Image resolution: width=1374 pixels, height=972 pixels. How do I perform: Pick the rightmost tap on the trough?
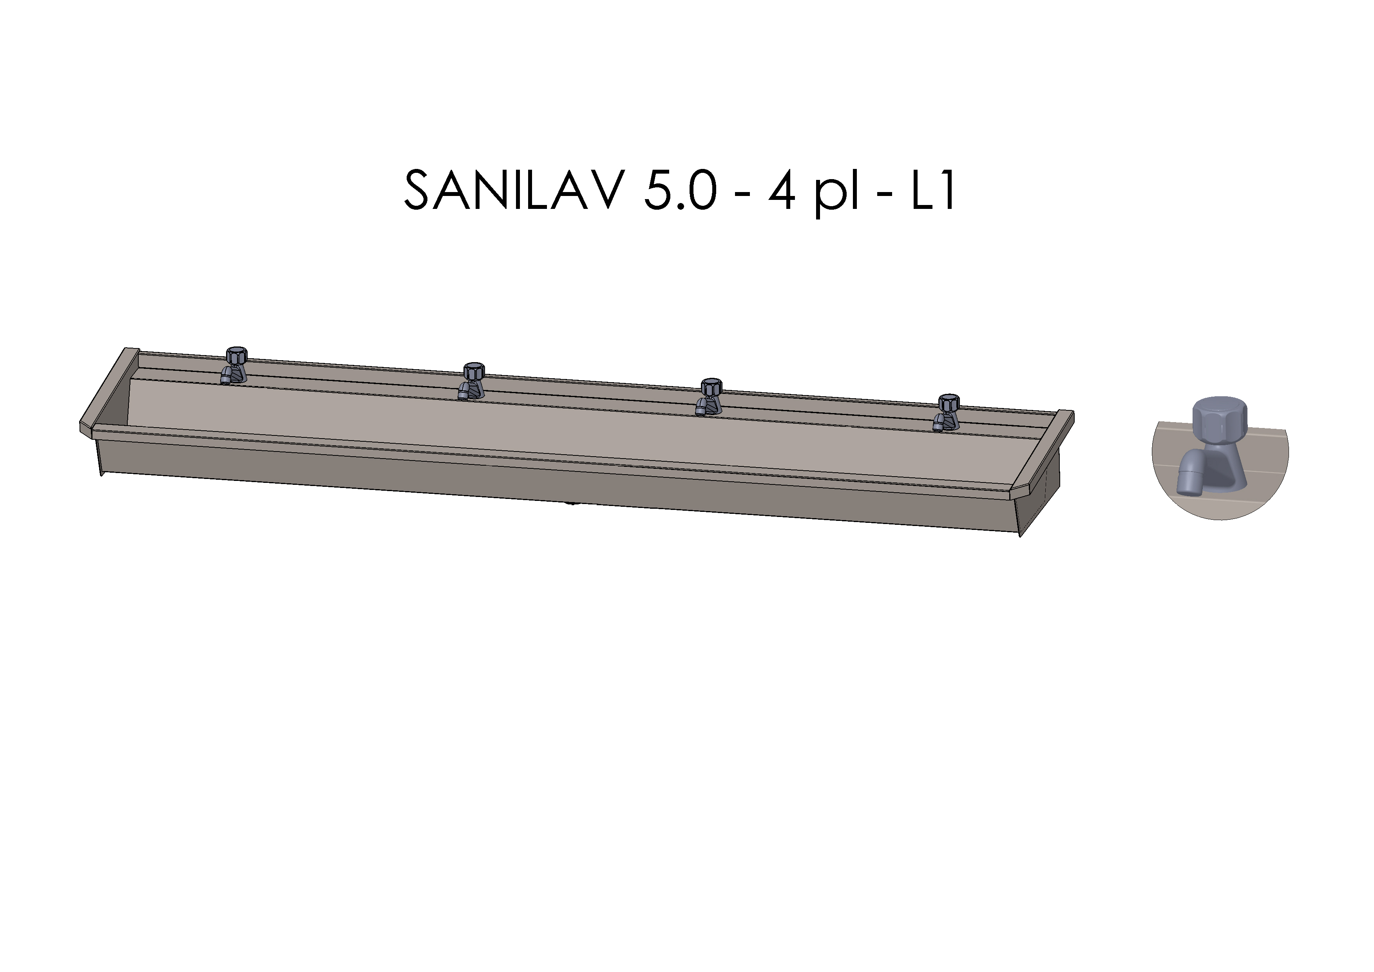pos(946,413)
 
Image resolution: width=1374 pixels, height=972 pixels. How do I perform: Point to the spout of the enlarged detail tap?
pos(1188,479)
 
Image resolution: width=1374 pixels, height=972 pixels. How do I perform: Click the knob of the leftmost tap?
pos(237,354)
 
